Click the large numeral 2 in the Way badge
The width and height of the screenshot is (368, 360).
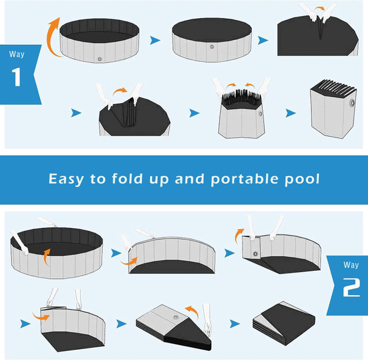pos(350,288)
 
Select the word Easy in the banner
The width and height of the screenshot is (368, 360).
pos(69,179)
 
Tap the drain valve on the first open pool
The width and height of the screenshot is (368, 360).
pos(99,59)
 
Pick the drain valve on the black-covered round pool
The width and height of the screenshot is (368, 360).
pos(212,47)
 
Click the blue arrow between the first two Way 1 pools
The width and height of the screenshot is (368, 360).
pos(156,41)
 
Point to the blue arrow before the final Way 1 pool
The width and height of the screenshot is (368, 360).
pos(291,113)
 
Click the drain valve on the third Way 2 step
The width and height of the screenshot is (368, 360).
pos(255,255)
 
